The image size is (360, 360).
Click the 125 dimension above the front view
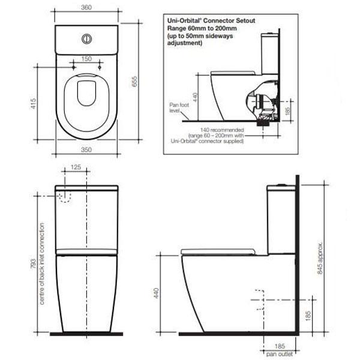75,169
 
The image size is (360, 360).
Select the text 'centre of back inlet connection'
42,263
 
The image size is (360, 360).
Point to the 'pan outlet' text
280,355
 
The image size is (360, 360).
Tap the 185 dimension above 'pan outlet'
280,347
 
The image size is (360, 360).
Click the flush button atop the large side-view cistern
281,182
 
